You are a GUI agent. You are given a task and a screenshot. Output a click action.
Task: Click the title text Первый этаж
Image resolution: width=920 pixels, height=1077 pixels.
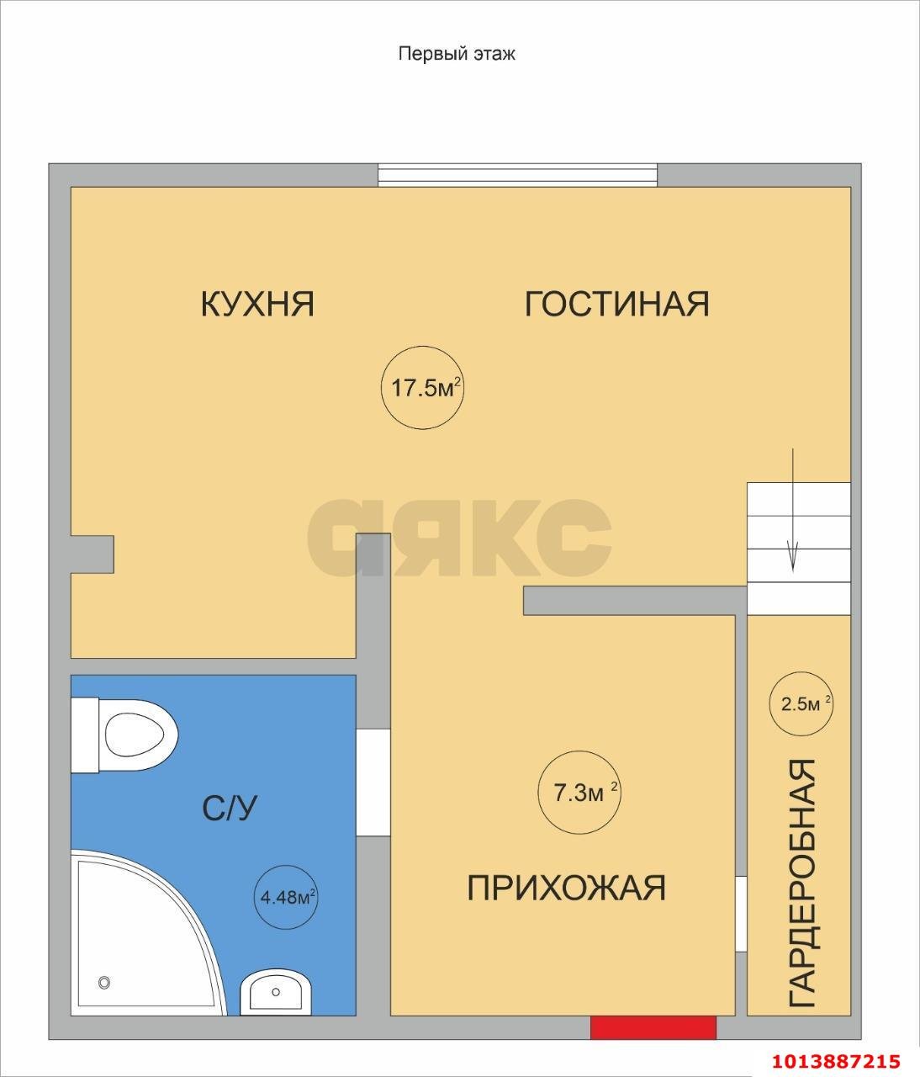point(456,54)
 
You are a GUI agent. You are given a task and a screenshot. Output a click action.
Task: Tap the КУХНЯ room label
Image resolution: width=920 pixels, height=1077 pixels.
point(257,304)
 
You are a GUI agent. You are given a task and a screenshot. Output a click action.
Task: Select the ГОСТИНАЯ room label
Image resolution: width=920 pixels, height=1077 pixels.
point(616,304)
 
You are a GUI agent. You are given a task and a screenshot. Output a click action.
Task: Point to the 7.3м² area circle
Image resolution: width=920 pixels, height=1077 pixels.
point(579,793)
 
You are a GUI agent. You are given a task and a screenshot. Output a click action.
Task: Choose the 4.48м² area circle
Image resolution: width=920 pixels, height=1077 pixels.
point(287,897)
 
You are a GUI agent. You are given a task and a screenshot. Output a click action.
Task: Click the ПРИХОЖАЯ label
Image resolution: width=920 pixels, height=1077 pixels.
point(566,888)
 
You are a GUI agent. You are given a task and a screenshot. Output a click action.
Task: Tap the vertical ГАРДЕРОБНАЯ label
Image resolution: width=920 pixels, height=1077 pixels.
point(802,883)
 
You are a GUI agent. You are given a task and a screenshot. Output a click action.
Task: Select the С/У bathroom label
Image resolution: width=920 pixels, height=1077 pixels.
point(230,809)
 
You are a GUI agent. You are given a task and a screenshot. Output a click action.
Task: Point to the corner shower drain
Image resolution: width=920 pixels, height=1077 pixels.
point(105,982)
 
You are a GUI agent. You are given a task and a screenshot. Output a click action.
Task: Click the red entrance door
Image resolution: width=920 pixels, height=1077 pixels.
point(653,1027)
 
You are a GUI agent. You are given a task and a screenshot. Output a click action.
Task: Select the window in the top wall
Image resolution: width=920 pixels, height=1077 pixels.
point(516,174)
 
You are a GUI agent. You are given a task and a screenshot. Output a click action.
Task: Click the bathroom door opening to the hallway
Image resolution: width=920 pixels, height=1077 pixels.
point(373,782)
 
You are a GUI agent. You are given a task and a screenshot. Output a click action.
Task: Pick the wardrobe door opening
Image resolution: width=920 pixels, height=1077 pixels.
point(741,914)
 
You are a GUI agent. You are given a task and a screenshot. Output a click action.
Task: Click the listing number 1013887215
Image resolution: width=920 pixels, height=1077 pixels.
point(833,1061)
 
